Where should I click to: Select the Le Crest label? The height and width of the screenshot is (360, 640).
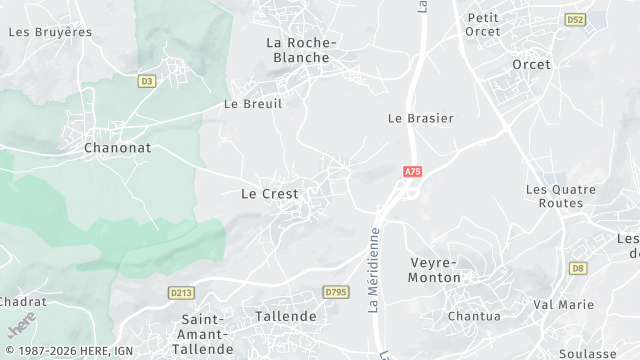point(270,194)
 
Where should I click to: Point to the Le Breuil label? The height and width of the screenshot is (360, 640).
point(253,104)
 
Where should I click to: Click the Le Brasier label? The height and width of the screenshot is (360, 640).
point(420,118)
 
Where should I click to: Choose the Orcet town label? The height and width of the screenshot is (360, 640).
point(531,64)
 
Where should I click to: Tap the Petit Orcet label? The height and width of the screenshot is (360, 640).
point(483,24)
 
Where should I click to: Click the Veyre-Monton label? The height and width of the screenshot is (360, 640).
point(436,270)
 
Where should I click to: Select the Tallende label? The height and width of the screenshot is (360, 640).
point(285,316)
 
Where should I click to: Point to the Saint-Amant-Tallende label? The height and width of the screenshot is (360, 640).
point(202,334)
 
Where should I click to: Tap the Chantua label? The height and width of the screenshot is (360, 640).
point(475,316)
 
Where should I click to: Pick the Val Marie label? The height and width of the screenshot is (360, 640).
point(563,304)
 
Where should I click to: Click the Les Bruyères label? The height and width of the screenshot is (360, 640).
point(50,32)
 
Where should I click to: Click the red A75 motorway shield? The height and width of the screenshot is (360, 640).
point(413,172)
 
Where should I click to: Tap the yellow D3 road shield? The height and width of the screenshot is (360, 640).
point(148,81)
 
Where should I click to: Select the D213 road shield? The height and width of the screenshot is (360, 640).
point(181,292)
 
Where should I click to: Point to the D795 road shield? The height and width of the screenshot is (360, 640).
point(335,291)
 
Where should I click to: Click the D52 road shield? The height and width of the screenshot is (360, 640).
point(574,19)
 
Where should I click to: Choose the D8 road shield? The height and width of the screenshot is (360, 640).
point(578,268)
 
